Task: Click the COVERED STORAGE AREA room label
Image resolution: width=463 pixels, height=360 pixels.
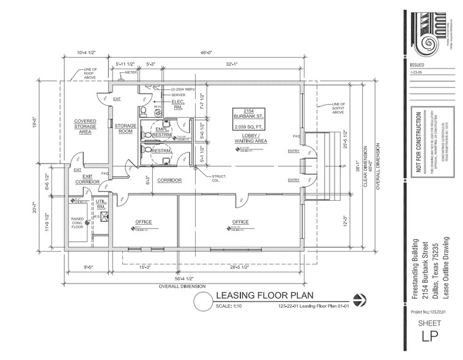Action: (x=85, y=126)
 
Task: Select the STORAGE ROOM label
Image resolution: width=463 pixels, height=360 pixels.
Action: (x=125, y=128)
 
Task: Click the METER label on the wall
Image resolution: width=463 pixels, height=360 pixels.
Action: (x=130, y=72)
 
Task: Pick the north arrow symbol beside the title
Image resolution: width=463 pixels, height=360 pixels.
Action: (x=361, y=299)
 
